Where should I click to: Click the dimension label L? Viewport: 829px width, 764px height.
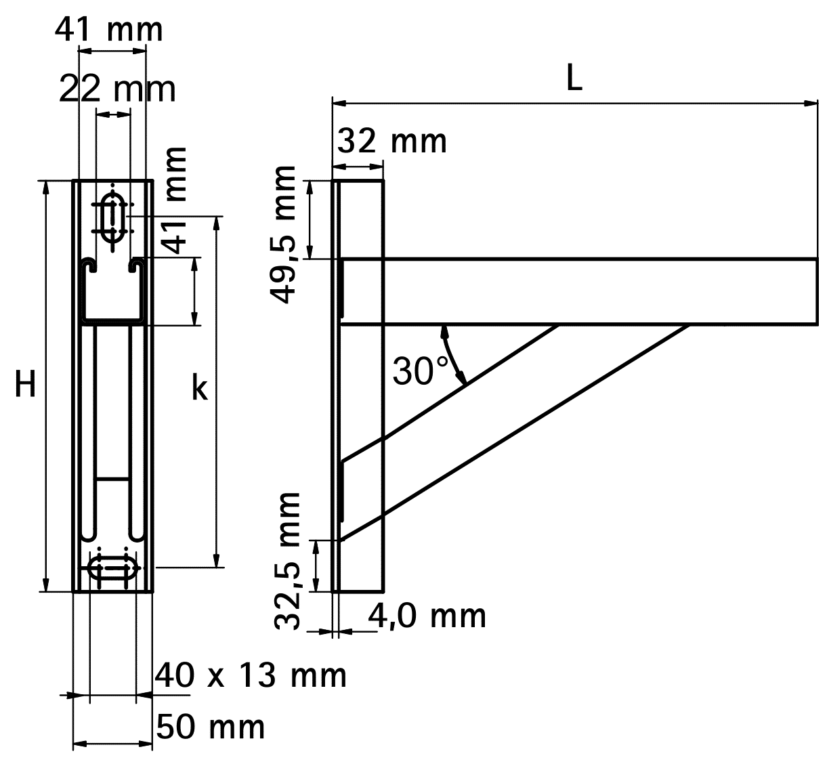[574, 81]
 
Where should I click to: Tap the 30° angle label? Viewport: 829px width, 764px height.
[420, 370]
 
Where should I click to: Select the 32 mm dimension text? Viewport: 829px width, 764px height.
[392, 142]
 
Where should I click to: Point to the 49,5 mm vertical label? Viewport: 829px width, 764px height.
[282, 234]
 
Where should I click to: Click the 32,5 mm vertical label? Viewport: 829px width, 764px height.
[289, 561]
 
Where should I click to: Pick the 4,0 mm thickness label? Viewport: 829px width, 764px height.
[427, 616]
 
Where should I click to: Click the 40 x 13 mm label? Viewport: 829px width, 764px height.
[251, 675]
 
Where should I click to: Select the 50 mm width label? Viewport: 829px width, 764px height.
[211, 727]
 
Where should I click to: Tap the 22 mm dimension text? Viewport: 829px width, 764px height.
[116, 89]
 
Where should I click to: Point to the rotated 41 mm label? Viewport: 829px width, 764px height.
[175, 200]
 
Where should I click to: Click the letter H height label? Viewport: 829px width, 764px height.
[26, 386]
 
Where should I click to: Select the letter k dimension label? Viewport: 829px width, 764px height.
[199, 389]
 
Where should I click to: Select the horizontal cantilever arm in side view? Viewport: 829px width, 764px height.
[576, 291]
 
